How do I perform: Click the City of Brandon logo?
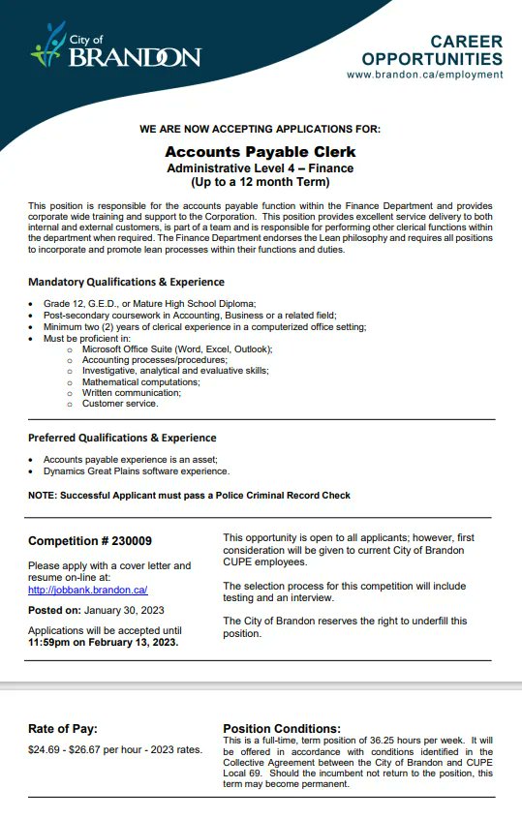coord(116,48)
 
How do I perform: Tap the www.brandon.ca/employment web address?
coord(424,75)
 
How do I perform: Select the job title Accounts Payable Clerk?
coord(261,152)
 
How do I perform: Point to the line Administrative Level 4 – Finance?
coord(261,167)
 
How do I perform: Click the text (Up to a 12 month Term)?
coord(261,181)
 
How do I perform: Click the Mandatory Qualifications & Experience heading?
coord(126,282)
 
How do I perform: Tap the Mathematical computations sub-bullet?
coord(140,381)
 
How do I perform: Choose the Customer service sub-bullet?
coord(120,404)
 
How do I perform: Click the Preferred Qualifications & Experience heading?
coord(122,438)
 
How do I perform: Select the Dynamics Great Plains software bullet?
coord(137,471)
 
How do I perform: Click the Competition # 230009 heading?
coord(89,541)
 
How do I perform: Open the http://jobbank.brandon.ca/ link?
coord(87,590)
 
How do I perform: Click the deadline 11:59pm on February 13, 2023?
coord(104,641)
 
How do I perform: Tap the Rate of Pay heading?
coord(63,729)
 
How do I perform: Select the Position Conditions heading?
coord(282,728)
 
